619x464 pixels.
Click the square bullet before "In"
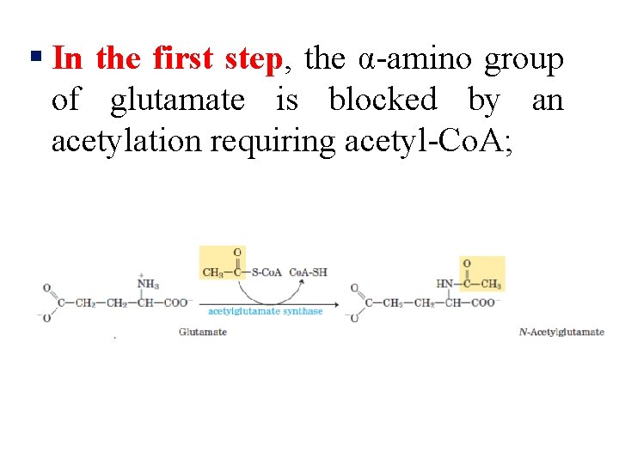tap(35, 58)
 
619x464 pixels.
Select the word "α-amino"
tap(417, 59)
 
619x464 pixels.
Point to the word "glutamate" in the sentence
tap(177, 100)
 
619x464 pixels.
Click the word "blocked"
tap(383, 100)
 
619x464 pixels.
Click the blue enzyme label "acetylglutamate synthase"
tap(265, 311)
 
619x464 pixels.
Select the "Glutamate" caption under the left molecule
tap(203, 332)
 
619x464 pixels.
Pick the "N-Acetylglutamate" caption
tap(561, 332)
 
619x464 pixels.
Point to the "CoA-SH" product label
tap(308, 272)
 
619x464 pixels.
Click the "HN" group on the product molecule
tap(444, 284)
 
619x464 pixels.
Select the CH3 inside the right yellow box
tap(491, 284)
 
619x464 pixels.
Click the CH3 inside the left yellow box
tap(211, 272)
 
